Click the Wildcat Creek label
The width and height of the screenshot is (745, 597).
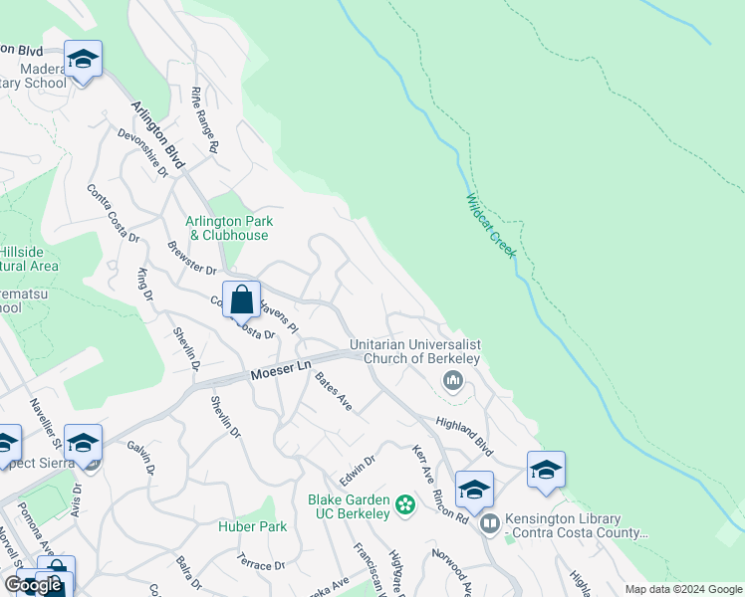tap(490, 226)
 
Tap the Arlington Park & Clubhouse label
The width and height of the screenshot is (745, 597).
tap(229, 228)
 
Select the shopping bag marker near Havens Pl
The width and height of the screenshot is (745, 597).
tap(241, 298)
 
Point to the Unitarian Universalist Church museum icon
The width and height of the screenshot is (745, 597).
tap(453, 380)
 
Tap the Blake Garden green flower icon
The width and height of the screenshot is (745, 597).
tap(404, 505)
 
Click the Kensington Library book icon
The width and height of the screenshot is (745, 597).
tap(488, 523)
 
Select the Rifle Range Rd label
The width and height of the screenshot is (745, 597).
tap(203, 118)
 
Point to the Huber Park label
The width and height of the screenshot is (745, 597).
tap(253, 526)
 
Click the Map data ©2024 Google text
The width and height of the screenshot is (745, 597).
tap(682, 589)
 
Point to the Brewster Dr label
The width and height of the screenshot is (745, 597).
tap(191, 257)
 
